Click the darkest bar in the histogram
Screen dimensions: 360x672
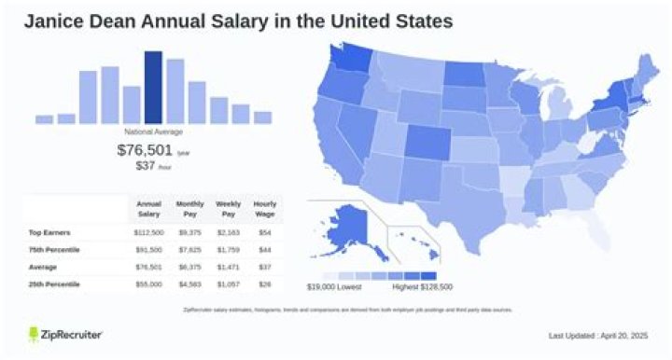pos(153,87)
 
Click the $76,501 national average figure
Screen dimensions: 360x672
pos(143,150)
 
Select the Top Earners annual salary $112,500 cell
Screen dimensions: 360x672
pos(149,232)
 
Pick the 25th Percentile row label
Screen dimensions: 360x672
pos(57,282)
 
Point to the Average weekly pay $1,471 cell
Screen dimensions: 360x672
pos(226,266)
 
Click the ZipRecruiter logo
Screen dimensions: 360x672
pos(65,335)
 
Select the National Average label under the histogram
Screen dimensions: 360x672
pos(153,132)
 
